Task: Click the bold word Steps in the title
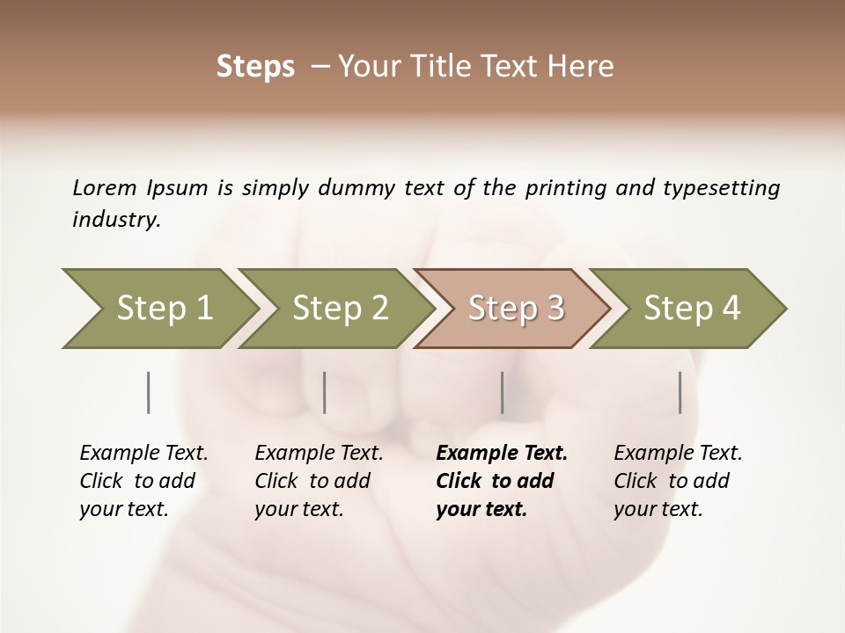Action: point(255,67)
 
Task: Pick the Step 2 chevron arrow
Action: point(340,308)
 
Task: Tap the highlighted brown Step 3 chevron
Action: point(516,308)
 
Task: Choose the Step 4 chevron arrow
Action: point(692,308)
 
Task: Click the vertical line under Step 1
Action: point(148,392)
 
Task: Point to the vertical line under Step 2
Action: point(325,392)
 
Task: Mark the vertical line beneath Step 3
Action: point(503,392)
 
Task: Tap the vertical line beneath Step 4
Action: point(680,392)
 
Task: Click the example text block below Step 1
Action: point(143,481)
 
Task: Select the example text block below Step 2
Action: point(319,481)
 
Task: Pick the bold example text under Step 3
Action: point(502,481)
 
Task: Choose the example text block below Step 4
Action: point(678,481)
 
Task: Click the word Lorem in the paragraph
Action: point(105,187)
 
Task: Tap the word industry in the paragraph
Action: point(116,220)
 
